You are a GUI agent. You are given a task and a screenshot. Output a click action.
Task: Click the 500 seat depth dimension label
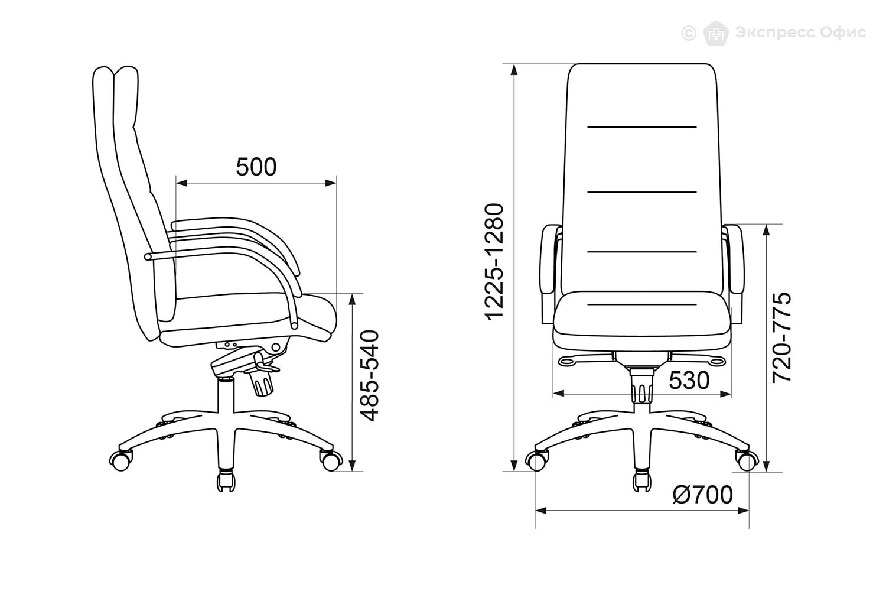click(256, 167)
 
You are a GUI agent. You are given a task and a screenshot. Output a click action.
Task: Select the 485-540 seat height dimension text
click(370, 376)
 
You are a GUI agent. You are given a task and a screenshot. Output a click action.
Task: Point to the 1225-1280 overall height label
click(494, 262)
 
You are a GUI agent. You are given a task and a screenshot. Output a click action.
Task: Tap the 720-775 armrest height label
click(781, 337)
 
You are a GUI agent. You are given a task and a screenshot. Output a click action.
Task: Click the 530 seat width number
click(689, 381)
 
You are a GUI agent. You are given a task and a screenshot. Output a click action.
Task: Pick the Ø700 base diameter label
click(702, 495)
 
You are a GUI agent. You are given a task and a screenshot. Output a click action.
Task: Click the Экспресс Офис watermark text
click(800, 33)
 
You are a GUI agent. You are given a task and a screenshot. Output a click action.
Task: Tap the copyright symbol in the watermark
click(689, 33)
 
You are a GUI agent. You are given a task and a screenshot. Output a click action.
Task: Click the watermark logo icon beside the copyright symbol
click(716, 33)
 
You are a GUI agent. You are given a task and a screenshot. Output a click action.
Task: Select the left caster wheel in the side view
click(120, 460)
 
